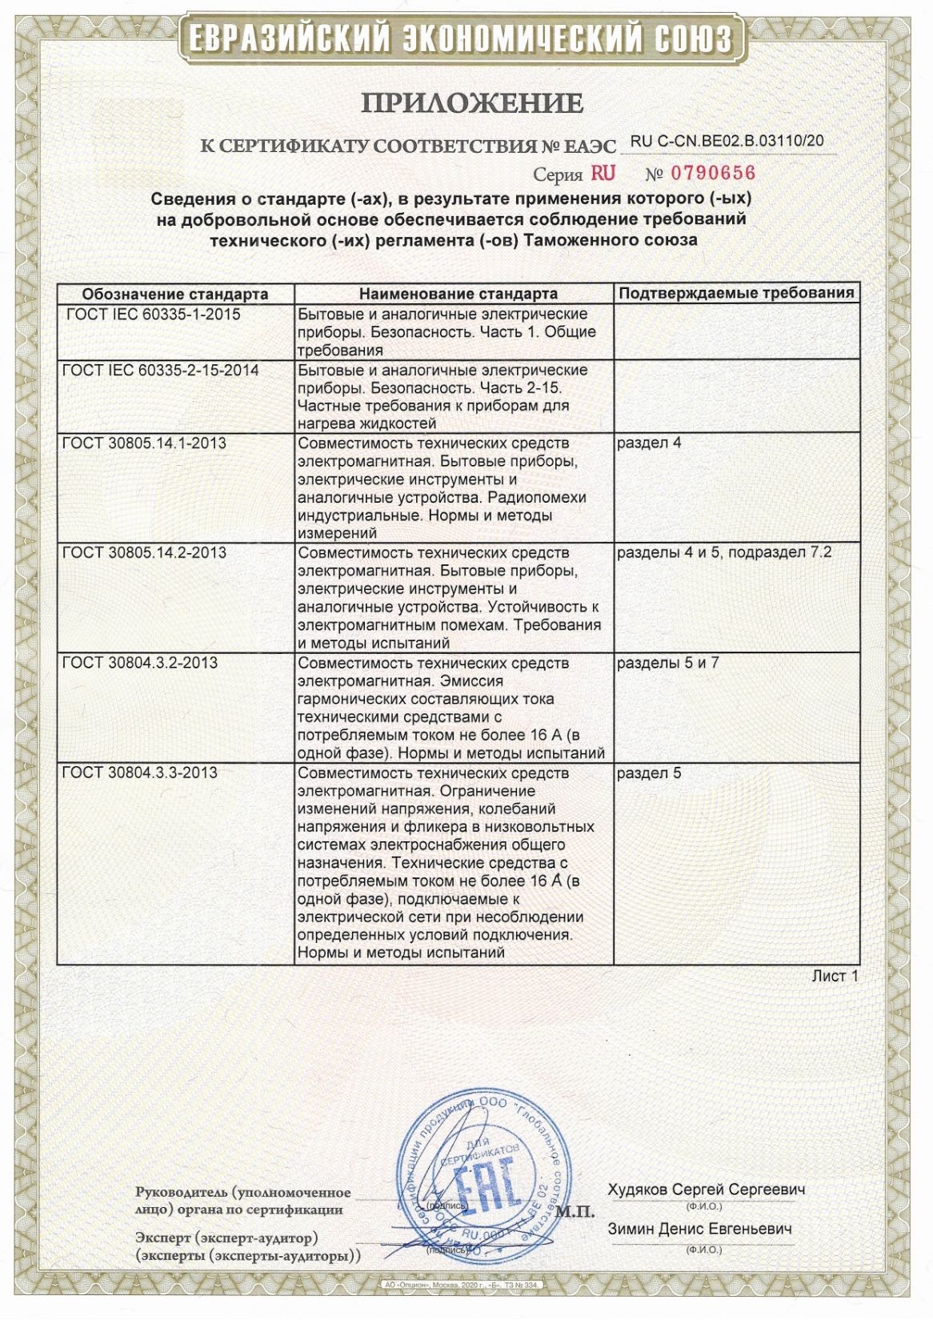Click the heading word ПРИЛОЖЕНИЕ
tap(473, 103)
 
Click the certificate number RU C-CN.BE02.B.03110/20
tap(727, 141)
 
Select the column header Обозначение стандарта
tap(175, 294)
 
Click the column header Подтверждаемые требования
tap(736, 293)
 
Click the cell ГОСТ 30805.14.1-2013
tap(143, 443)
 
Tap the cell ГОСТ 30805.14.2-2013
tap(143, 553)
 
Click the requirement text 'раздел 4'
tap(649, 443)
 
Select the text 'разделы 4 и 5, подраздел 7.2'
tap(724, 553)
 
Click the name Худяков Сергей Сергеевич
tap(707, 1190)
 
